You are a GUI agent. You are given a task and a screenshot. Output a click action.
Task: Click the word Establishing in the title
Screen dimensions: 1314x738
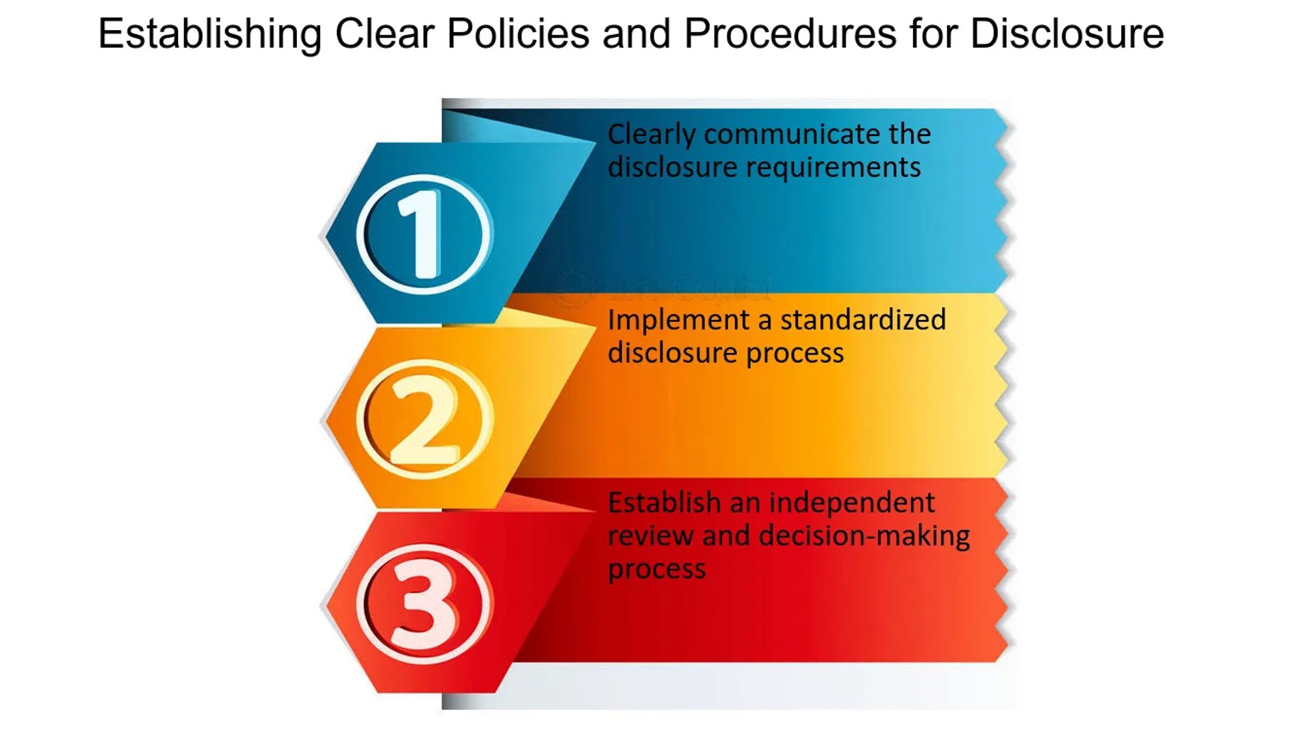click(x=209, y=34)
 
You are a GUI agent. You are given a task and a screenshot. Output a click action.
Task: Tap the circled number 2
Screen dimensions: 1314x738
click(x=424, y=419)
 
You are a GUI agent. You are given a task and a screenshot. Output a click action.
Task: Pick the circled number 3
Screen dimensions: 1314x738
click(x=424, y=603)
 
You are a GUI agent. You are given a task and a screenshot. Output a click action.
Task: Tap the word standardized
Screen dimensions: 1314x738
click(x=863, y=319)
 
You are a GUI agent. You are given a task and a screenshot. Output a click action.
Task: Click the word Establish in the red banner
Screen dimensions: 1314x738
click(x=664, y=503)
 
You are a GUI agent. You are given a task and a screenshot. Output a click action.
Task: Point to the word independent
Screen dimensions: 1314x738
click(x=852, y=504)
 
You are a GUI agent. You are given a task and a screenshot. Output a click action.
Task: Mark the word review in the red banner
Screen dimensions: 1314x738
click(x=651, y=536)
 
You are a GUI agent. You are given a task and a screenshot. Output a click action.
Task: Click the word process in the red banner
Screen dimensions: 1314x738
click(x=657, y=570)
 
